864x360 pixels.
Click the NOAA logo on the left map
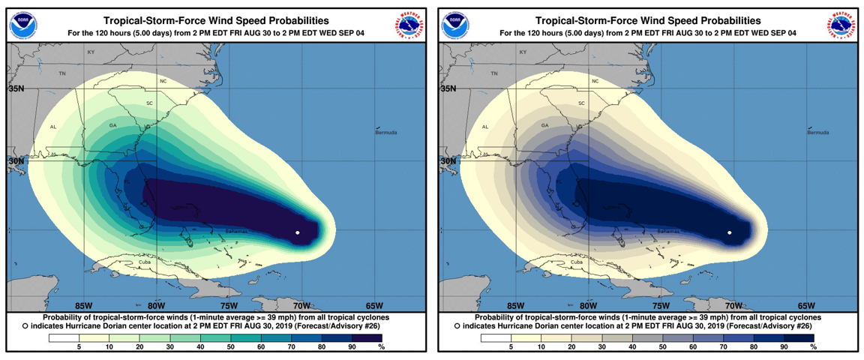(23, 26)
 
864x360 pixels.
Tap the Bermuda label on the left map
(386, 133)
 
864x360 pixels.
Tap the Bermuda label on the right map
(818, 133)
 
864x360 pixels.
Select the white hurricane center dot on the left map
(298, 233)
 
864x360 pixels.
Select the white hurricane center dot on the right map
(730, 233)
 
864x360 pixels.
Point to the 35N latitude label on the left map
(16, 88)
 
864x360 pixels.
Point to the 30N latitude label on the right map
(448, 161)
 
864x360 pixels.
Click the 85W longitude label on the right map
(515, 305)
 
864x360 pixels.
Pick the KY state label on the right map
(523, 52)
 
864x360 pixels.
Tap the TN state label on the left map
(63, 73)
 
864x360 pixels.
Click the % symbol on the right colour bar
(813, 347)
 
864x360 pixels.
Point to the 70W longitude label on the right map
(733, 305)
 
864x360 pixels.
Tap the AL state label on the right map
(485, 127)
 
